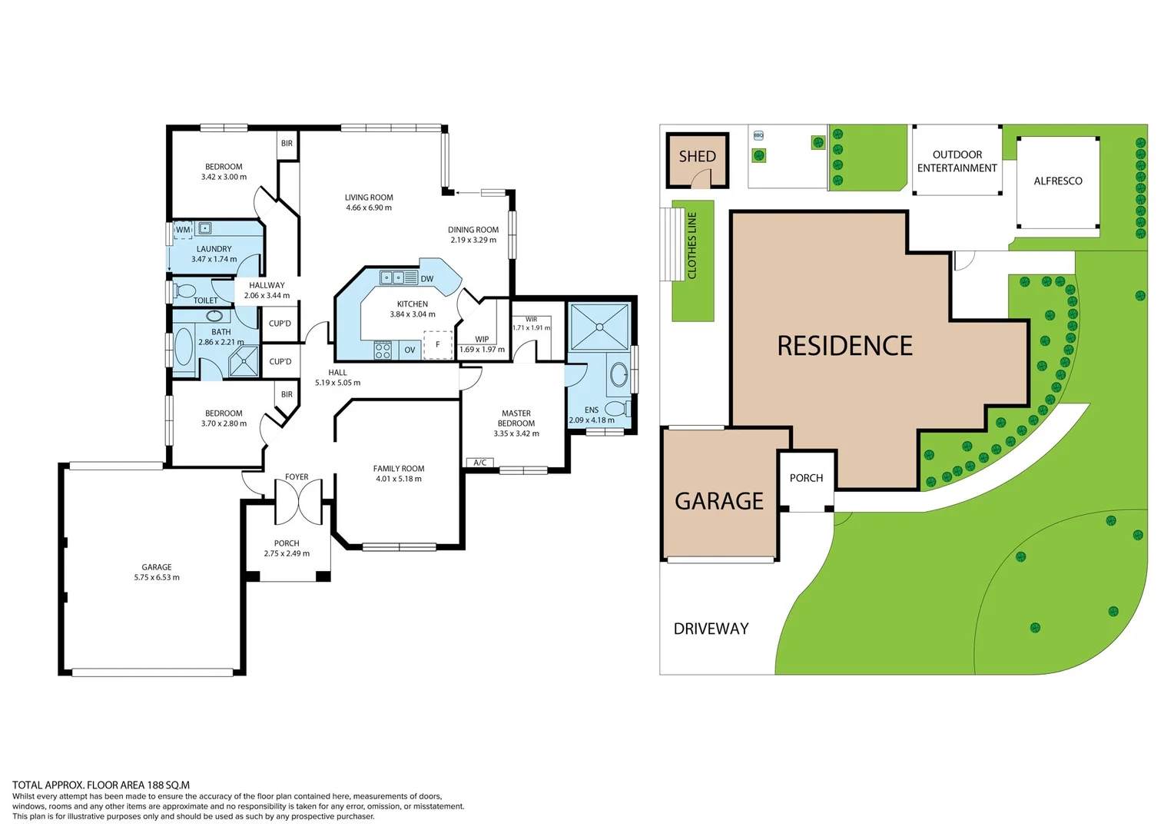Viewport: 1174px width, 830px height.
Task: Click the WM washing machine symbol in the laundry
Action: pos(183,230)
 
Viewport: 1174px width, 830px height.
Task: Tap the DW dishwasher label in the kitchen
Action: pos(427,279)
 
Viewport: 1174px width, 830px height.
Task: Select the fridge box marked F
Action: pos(438,345)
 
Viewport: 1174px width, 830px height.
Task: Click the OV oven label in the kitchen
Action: pos(410,350)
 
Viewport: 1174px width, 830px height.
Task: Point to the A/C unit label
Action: pos(480,463)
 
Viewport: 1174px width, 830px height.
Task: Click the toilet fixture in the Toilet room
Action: pos(184,291)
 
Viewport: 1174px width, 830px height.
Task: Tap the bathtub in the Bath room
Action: pos(184,347)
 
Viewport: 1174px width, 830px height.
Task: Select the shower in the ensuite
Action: pos(599,327)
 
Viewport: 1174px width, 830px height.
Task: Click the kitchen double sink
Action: pos(399,278)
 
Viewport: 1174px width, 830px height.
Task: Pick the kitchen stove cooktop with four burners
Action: pos(383,350)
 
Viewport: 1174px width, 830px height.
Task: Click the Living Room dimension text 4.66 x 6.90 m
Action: pos(369,207)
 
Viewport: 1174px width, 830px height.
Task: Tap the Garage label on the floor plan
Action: pos(157,567)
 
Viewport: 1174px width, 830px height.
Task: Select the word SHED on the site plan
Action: pos(697,157)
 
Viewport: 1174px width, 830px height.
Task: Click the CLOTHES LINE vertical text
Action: pos(692,245)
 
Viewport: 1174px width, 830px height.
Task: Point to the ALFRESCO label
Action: pos(1057,181)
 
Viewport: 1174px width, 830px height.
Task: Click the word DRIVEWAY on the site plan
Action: pos(711,629)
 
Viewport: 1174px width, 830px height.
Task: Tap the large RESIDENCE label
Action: pos(844,347)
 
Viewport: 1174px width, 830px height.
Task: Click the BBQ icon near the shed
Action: pos(758,135)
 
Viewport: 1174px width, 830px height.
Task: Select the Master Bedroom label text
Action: pos(516,418)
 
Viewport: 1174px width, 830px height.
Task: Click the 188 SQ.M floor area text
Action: pos(168,785)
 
